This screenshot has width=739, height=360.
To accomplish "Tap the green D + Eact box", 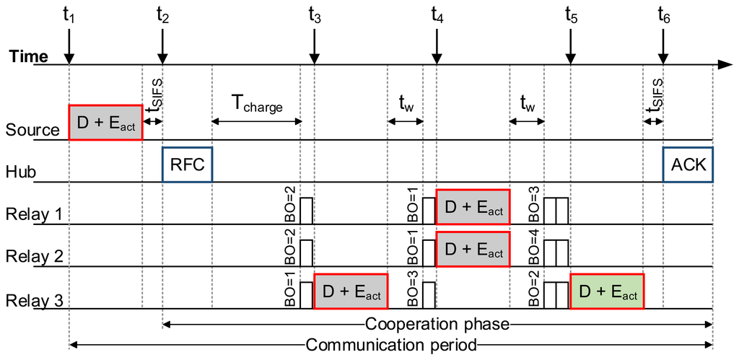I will click(x=606, y=292).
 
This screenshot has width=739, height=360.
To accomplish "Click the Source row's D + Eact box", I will click(x=105, y=123).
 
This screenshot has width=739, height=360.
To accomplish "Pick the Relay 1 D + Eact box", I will click(x=473, y=208).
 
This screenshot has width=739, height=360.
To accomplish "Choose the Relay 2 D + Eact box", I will click(x=473, y=250).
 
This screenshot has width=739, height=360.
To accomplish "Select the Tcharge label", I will click(x=256, y=105).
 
